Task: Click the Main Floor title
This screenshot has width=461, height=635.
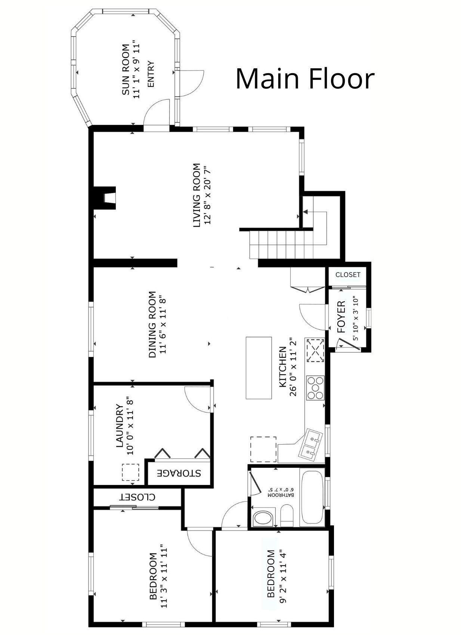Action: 305,79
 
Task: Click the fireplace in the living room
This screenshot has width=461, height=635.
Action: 105,197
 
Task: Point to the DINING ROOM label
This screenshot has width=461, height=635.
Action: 152,324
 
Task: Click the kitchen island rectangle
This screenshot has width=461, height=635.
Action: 259,368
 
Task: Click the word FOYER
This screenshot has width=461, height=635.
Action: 341,317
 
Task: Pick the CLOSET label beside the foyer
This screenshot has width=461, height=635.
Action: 348,275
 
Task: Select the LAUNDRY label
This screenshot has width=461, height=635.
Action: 120,426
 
